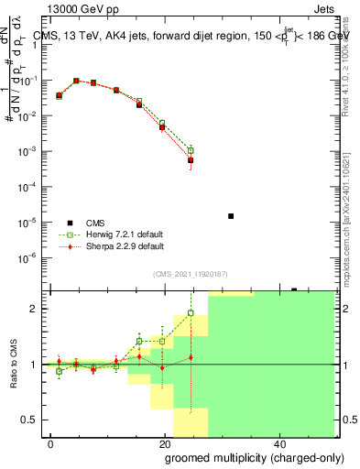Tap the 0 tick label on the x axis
pos(50,443)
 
